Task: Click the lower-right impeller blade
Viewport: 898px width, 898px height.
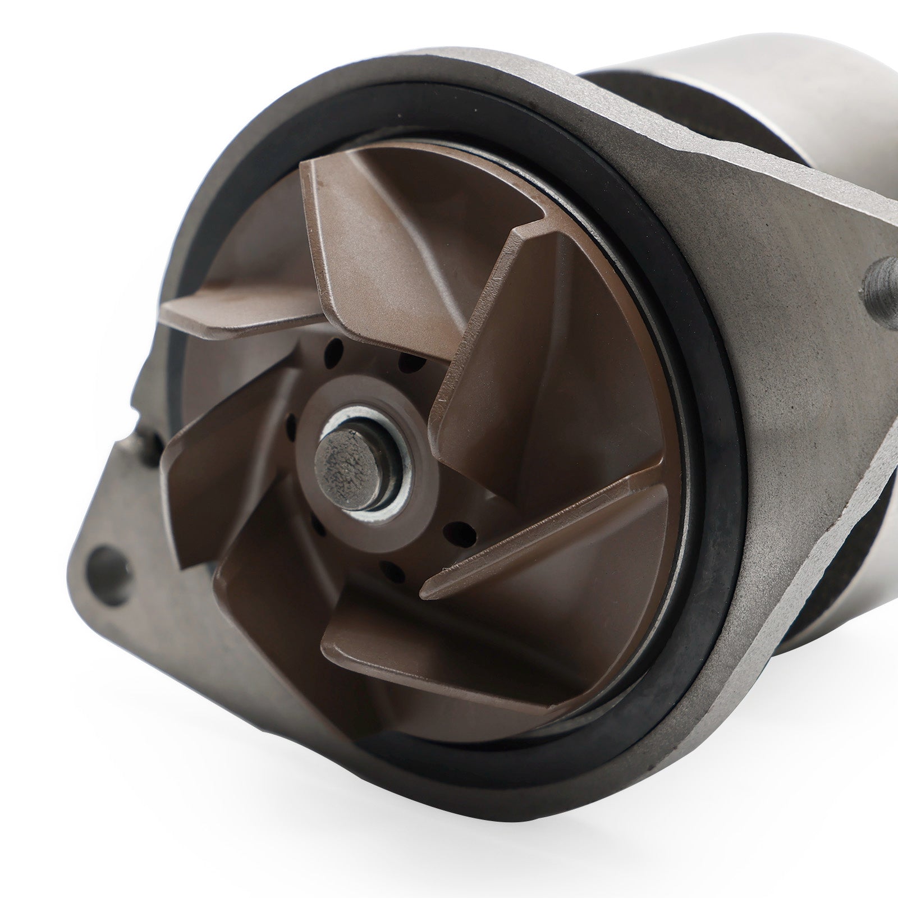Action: [x=561, y=539]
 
